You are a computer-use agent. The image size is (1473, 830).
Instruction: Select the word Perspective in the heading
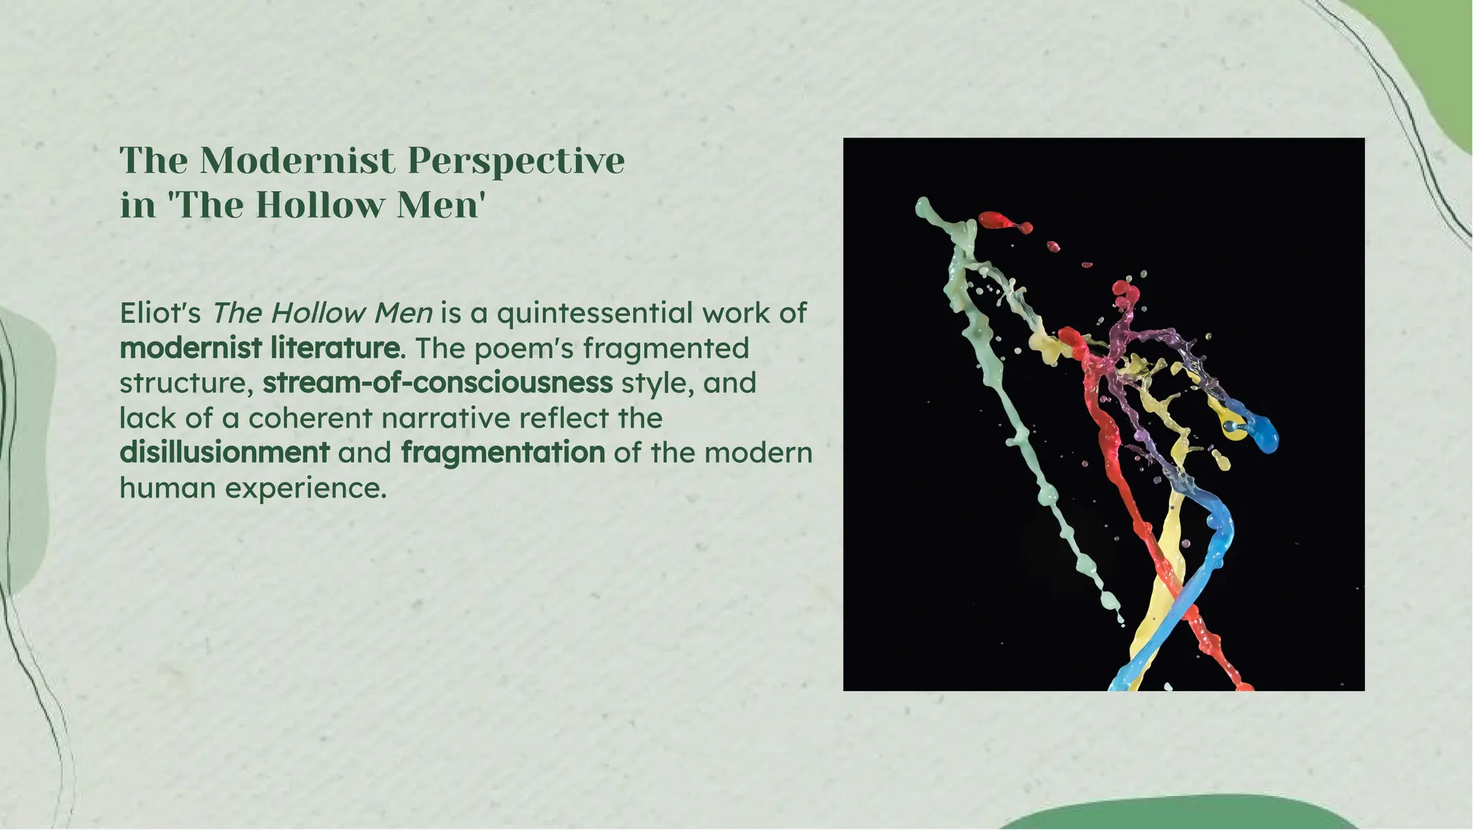[516, 161]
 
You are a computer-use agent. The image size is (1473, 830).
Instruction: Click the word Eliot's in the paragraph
[160, 313]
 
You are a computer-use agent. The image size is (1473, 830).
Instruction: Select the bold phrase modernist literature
[260, 348]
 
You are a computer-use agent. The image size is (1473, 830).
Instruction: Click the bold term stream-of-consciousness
[437, 383]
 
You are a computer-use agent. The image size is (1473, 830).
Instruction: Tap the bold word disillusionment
[224, 453]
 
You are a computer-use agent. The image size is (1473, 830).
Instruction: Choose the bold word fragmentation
[503, 453]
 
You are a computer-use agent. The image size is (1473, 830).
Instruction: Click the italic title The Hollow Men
[321, 313]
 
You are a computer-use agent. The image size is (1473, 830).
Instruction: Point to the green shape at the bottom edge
[1180, 813]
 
